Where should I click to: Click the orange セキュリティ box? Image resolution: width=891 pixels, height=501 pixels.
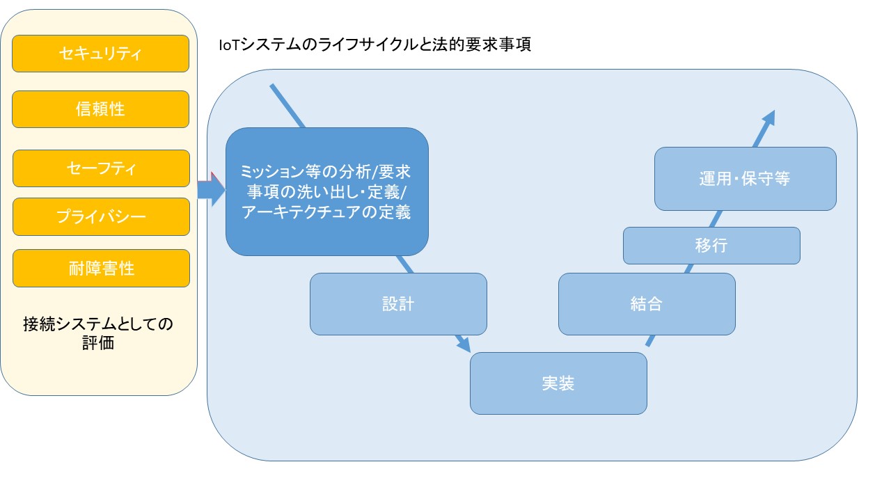coord(101,54)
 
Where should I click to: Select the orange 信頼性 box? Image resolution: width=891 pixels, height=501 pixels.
coord(101,109)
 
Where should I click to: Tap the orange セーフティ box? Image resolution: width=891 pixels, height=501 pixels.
coord(101,168)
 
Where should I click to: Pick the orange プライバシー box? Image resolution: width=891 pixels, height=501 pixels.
coord(101,216)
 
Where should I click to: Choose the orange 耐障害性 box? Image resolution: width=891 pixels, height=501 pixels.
coord(101,268)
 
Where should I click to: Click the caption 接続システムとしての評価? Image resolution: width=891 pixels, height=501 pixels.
coord(98,333)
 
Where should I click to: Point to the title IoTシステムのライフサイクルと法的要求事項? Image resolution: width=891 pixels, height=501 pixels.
coord(374,46)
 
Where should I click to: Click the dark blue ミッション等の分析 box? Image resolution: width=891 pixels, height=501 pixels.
coord(326,191)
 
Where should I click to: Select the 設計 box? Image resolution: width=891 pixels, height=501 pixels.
coord(398,304)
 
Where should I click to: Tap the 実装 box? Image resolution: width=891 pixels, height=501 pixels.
coord(558,383)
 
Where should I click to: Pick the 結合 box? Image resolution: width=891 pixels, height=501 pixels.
coord(647,304)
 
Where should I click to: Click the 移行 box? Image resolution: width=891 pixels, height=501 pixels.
coord(711,246)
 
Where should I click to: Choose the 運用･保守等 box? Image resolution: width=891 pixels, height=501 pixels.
coord(745,179)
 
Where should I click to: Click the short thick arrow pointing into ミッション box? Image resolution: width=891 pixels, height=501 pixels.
coord(211,191)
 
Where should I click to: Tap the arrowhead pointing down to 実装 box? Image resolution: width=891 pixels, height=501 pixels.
coord(463,344)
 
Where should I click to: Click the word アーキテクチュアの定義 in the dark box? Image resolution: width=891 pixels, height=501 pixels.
coord(326,213)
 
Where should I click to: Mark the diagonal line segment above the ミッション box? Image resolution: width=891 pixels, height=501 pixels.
coord(287,106)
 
